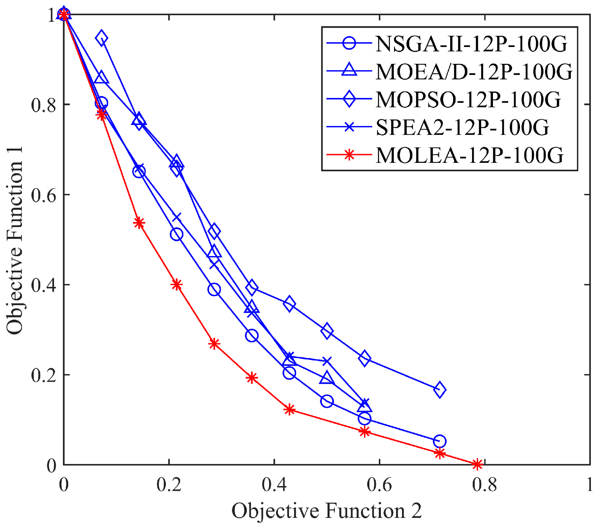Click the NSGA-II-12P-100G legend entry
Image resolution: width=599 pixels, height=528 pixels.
point(471,44)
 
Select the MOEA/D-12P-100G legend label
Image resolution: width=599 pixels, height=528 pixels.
point(474,72)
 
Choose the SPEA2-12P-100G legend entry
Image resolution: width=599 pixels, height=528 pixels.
point(462,127)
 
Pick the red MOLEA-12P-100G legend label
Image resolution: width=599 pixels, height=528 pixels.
point(469,155)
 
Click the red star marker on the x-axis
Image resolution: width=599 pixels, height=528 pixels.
point(477,464)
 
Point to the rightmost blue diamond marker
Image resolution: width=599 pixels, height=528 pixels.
point(439,390)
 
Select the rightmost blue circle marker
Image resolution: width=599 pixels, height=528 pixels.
point(439,441)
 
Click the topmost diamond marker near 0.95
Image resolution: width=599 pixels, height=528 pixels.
point(101,38)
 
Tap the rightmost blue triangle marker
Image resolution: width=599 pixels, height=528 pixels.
point(364,406)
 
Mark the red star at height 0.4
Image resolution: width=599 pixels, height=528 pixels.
point(177,285)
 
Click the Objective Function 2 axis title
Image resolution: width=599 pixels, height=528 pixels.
point(327,511)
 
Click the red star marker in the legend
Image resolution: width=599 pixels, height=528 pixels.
point(349,155)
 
